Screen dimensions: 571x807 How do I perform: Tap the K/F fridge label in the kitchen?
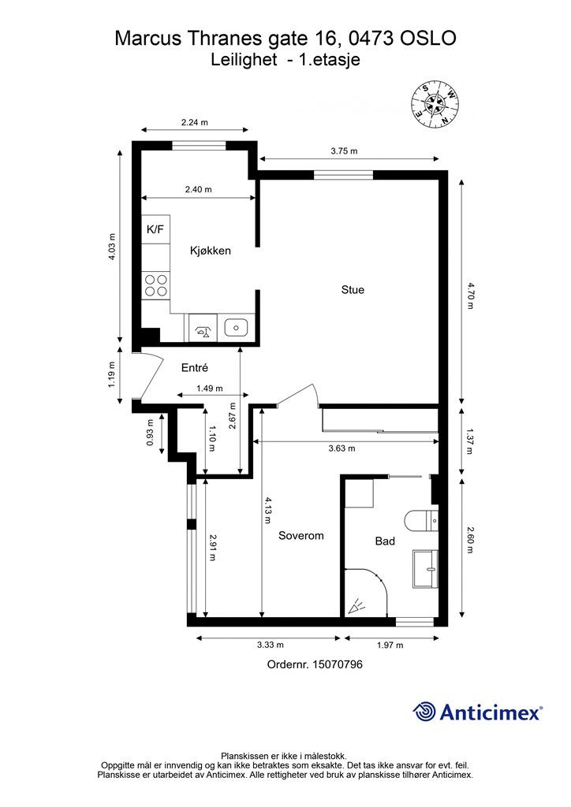[x=155, y=229]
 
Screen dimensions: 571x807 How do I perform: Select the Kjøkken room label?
[x=210, y=251]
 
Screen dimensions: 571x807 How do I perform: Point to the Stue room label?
[x=353, y=290]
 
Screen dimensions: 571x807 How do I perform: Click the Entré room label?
[x=195, y=367]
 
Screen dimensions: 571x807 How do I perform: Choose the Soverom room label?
[x=301, y=535]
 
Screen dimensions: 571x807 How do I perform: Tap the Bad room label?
[x=385, y=541]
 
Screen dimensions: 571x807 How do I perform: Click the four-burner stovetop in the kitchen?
[x=156, y=285]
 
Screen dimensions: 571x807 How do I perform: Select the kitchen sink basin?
[x=237, y=327]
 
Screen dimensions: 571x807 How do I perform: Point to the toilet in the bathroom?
[x=421, y=521]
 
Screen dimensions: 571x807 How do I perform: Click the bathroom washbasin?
[x=425, y=569]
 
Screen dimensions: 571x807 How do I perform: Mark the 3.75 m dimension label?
[x=344, y=151]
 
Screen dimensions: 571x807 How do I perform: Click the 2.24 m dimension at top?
[x=195, y=122]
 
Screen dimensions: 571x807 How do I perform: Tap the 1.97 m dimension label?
[x=390, y=645]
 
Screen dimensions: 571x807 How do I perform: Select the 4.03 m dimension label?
[x=112, y=247]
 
